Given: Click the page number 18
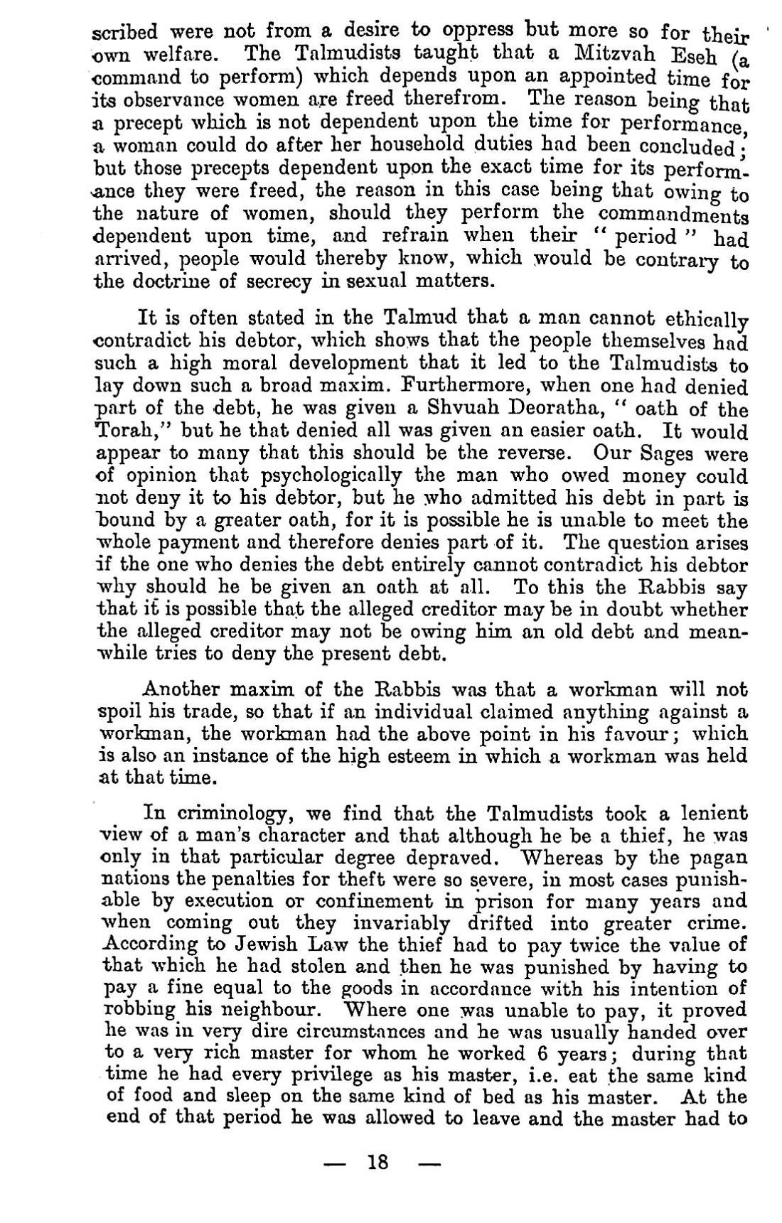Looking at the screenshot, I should (377, 1163).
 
